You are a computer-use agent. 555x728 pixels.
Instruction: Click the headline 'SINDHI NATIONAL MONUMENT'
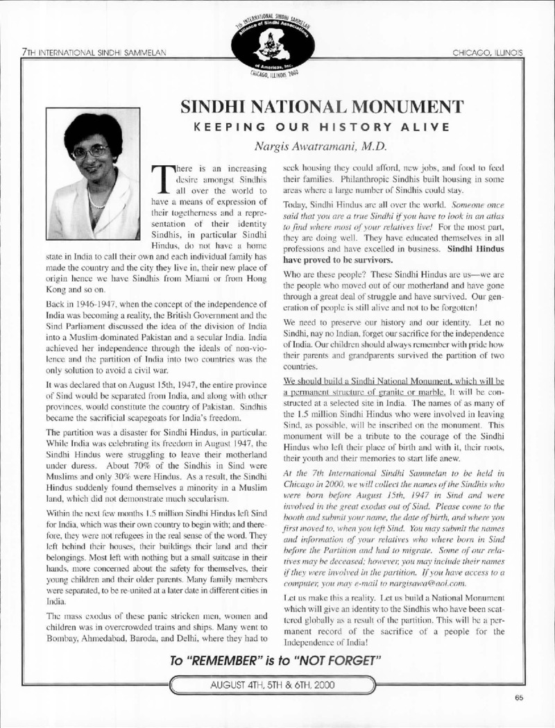322,108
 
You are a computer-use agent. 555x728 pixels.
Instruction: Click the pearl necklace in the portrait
96,201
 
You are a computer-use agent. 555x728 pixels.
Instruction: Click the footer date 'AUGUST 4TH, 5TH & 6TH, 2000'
277,683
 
